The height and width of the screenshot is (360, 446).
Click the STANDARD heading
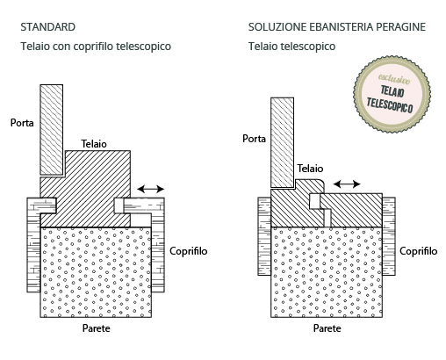(48, 27)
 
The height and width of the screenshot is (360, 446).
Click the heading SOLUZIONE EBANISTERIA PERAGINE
(337, 27)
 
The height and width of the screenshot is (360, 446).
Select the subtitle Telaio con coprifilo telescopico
(96, 47)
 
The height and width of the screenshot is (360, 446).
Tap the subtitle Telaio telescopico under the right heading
(291, 47)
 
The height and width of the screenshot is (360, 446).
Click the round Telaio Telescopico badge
(392, 94)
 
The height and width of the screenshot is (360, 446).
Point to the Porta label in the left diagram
(22, 123)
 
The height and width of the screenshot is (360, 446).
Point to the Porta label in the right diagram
(254, 139)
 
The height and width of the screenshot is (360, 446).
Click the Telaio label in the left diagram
(94, 144)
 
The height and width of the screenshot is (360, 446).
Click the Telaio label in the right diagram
(310, 169)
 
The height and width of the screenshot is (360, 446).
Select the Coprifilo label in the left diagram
(189, 251)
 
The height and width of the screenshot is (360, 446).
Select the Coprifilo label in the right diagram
(419, 251)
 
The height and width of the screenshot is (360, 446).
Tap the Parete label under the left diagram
(97, 328)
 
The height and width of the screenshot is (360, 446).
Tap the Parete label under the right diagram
(327, 328)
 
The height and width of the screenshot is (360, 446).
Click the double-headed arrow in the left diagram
(151, 189)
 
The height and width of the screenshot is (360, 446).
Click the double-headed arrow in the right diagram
(347, 184)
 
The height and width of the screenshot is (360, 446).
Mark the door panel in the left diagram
(52, 130)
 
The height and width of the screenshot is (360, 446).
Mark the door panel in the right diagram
(282, 142)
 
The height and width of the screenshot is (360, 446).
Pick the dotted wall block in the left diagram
(96, 272)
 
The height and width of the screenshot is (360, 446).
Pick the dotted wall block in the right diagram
(327, 272)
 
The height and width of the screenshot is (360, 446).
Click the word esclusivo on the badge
(394, 79)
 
